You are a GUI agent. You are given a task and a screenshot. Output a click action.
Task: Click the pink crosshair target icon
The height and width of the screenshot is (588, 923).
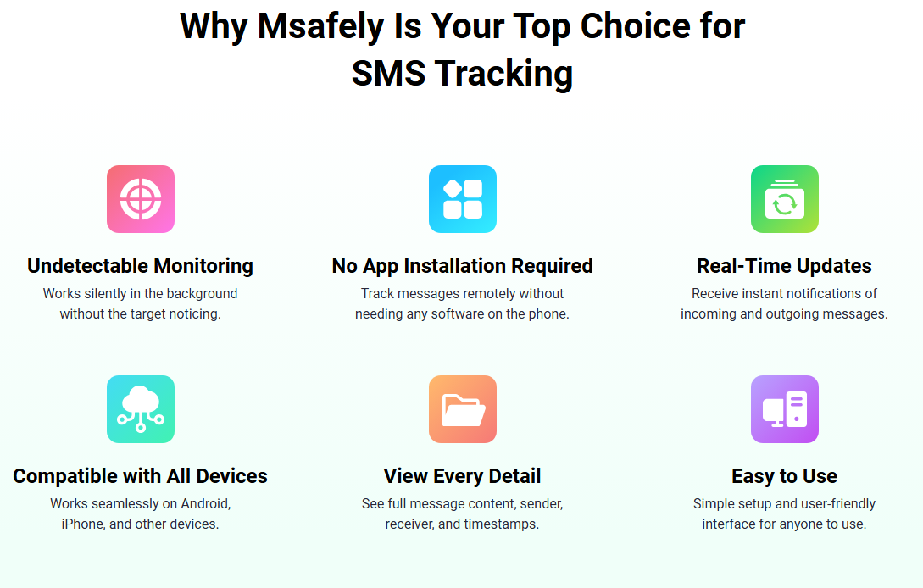[141, 199]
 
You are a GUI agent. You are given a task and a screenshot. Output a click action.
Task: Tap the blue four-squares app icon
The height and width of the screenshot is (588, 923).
[463, 199]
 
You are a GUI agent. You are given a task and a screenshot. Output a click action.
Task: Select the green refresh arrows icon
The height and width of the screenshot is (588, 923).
[785, 199]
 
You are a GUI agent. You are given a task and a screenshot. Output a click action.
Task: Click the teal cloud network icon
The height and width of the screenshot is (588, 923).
[141, 409]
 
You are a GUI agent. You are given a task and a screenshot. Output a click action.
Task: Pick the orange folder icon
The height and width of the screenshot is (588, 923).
[463, 409]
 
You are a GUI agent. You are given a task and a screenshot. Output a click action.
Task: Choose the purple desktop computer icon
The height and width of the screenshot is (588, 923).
[785, 409]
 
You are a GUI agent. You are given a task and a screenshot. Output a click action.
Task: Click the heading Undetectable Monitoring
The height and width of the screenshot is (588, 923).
[141, 266]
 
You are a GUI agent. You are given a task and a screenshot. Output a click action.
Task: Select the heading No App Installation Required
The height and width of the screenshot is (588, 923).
[463, 266]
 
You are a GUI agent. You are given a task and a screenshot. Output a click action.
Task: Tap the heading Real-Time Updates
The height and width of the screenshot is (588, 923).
[785, 266]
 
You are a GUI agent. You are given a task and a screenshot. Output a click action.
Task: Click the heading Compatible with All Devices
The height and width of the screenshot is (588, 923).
[141, 476]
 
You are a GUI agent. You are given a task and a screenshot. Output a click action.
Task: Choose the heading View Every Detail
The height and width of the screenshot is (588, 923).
[463, 476]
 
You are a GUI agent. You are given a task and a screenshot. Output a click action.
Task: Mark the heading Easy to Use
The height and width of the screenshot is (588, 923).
[785, 476]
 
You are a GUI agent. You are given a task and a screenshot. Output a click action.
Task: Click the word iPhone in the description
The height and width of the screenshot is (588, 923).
[83, 524]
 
